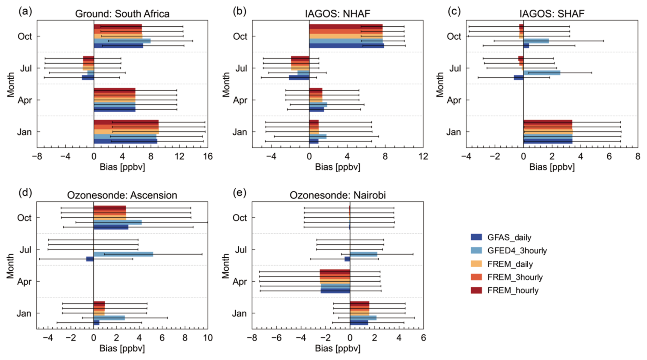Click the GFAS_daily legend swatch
click(x=476, y=237)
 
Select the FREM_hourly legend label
click(x=513, y=291)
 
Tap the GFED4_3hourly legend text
click(x=517, y=250)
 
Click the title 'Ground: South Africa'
click(x=122, y=14)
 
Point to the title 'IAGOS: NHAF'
click(x=338, y=14)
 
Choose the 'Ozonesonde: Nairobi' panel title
click(x=338, y=195)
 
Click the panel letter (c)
click(x=454, y=11)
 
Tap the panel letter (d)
click(x=25, y=193)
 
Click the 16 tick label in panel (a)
click(x=208, y=156)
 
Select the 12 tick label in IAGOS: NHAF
click(x=423, y=156)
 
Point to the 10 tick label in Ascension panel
click(x=208, y=338)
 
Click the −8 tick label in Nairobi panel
click(x=252, y=338)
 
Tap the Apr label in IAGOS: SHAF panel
click(x=454, y=100)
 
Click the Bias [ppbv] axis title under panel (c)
click(x=552, y=167)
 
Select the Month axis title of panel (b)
click(x=226, y=85)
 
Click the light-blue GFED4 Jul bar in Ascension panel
click(x=123, y=254)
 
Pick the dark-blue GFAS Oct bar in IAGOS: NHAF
click(x=346, y=46)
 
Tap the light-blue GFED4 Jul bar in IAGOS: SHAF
click(x=542, y=73)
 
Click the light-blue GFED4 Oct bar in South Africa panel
click(x=122, y=41)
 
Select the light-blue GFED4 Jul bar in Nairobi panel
click(x=364, y=254)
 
